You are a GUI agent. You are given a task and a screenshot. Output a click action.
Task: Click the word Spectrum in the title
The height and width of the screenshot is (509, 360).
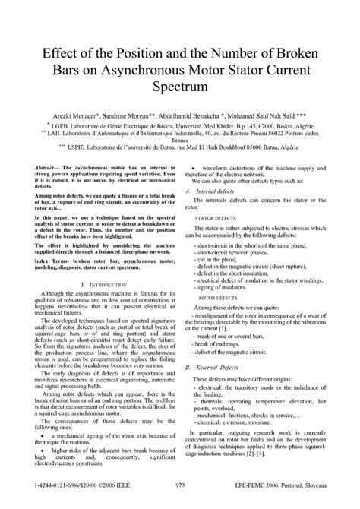pyautogui.click(x=180, y=88)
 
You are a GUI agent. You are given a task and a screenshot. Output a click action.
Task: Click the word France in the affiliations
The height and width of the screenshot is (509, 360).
pyautogui.click(x=180, y=141)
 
